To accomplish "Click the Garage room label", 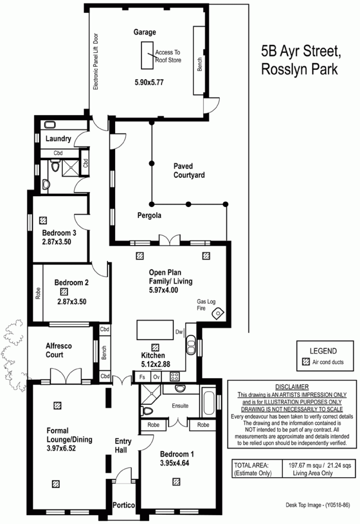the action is tap(145, 32).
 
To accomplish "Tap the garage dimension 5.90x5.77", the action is tap(149, 82).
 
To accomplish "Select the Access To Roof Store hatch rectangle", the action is tap(147, 56).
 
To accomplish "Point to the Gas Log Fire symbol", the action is tap(218, 313).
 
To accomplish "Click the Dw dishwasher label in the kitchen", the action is tap(179, 332).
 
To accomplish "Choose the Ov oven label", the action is tap(156, 377).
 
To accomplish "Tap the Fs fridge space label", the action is tap(142, 377).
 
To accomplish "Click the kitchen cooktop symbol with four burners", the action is tap(175, 377).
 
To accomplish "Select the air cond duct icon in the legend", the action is tap(306, 362).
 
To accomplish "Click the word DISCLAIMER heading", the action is tap(292, 387).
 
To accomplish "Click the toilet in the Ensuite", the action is tap(147, 410).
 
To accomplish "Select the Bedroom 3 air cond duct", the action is tap(43, 220).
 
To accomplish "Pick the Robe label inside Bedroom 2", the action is tap(38, 293).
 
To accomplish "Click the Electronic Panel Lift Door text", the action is tap(96, 62).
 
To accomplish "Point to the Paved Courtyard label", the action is tap(189, 171).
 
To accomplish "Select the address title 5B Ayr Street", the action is tap(301, 51).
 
